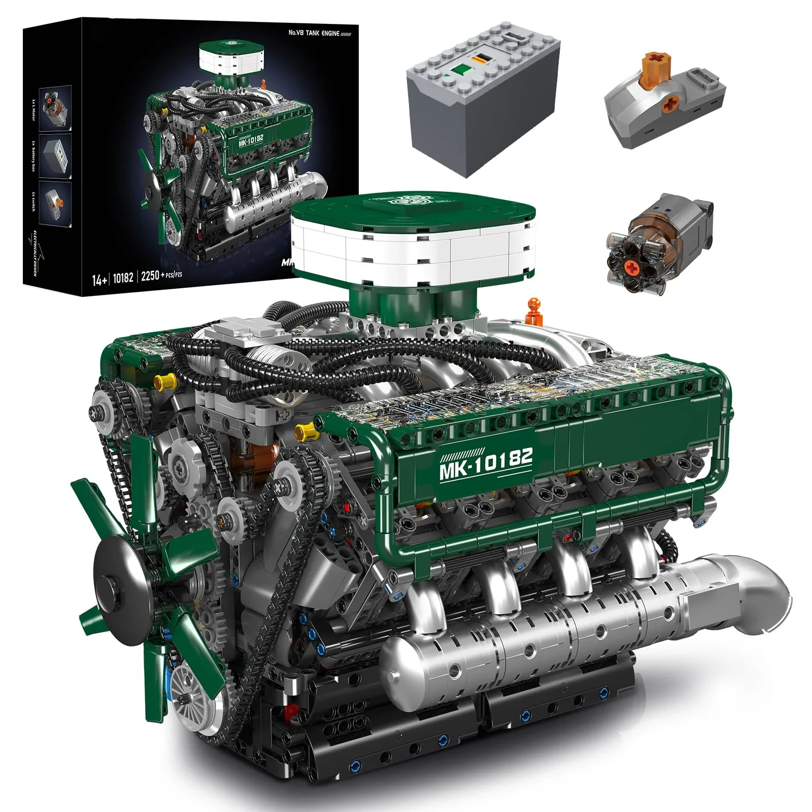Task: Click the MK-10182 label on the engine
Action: pos(486,463)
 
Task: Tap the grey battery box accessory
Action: pos(482,96)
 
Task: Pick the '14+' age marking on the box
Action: pos(99,279)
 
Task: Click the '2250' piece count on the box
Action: pos(150,276)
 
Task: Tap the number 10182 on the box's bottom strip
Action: pos(123,278)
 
